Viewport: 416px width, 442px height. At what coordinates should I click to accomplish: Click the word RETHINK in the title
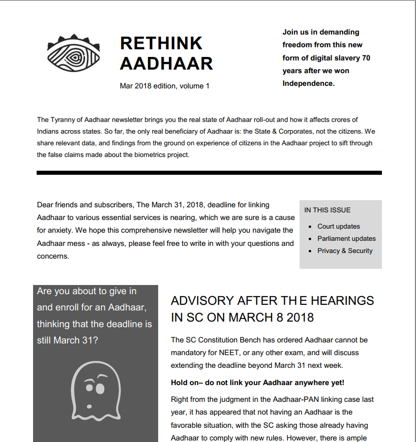pos(161,43)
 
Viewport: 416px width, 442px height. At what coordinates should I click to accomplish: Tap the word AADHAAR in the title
pos(166,64)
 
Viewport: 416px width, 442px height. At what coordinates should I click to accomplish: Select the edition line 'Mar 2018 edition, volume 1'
pos(164,86)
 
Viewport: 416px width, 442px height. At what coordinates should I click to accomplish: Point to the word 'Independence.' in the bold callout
pos(308,83)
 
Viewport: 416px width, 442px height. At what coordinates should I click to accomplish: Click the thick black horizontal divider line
pos(209,173)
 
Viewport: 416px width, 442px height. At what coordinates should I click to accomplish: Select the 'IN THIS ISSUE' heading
pos(327,210)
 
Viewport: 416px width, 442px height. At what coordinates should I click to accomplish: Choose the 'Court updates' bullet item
pos(338,227)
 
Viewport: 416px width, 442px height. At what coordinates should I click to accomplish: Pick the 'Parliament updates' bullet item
pos(346,239)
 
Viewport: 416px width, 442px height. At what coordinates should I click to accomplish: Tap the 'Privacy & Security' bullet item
pos(345,251)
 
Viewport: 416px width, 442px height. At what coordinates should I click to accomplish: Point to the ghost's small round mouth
pos(89,405)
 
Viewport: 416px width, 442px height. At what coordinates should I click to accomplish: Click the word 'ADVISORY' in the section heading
pos(202,301)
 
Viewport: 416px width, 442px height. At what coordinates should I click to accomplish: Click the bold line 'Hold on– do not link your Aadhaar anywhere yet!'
pos(257,383)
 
